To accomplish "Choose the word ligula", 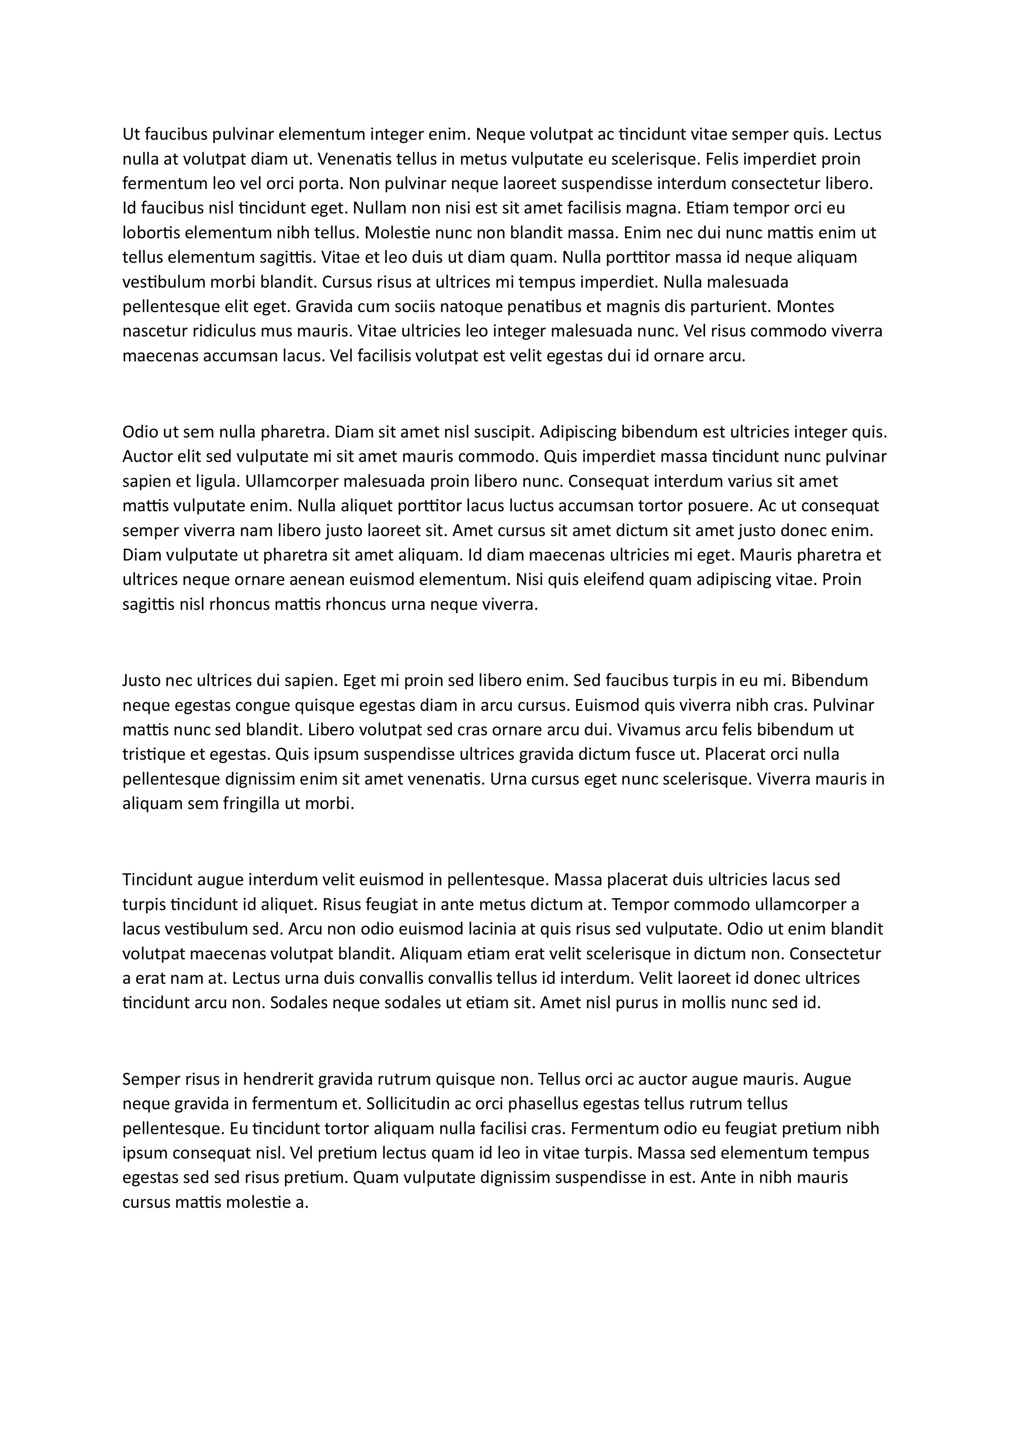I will (x=218, y=481).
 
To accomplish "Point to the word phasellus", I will (x=541, y=1104).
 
